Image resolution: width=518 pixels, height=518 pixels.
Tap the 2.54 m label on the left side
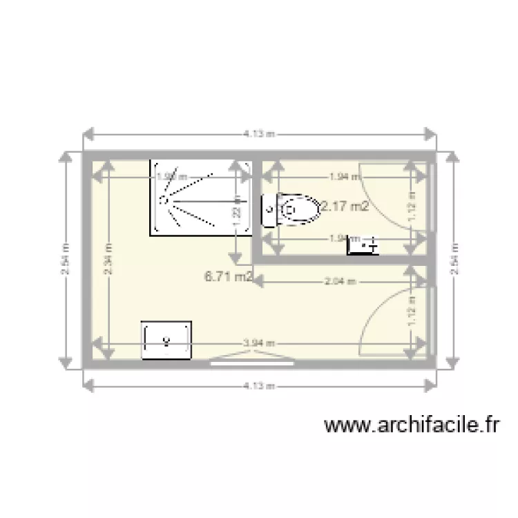[65, 260]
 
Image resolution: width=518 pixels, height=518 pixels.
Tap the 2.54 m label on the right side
[454, 260]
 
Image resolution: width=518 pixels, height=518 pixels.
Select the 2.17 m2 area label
[343, 206]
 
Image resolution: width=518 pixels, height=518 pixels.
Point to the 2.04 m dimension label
[340, 281]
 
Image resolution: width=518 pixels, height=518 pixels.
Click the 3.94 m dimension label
[259, 343]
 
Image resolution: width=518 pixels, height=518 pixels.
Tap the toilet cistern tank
[269, 209]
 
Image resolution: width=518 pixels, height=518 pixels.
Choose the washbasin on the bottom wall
[166, 340]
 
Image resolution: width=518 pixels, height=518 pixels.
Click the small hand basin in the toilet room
[363, 244]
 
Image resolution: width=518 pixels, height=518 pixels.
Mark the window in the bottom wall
[251, 358]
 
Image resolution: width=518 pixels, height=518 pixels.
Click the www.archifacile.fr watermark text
[411, 425]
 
